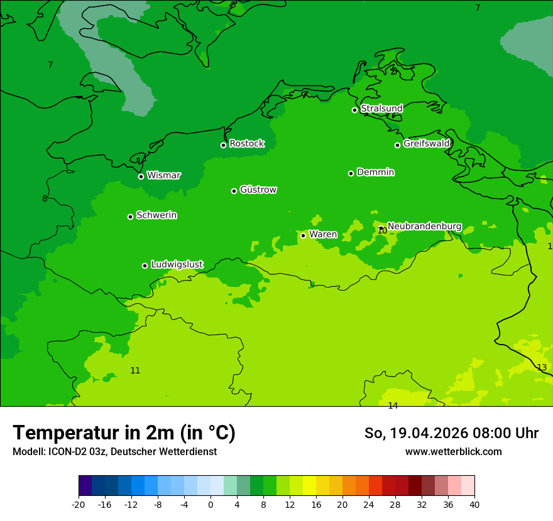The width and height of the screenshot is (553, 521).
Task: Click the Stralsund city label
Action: click(x=381, y=109)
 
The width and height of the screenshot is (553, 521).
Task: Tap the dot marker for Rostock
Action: click(x=223, y=145)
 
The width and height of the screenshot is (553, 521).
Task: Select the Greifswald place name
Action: click(x=426, y=144)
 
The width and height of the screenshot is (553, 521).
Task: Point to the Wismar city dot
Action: click(x=141, y=176)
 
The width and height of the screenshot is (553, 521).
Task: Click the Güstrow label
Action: click(x=258, y=190)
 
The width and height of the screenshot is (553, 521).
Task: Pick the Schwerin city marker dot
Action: click(x=130, y=217)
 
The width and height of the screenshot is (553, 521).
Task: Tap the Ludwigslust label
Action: click(x=177, y=264)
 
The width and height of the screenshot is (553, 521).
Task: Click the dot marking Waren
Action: click(x=303, y=235)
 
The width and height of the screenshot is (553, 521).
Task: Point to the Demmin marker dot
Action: click(x=351, y=173)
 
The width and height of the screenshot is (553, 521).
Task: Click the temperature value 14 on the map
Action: click(x=393, y=406)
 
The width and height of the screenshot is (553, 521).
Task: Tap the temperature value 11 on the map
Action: click(x=135, y=370)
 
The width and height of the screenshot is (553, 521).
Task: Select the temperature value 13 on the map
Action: click(x=542, y=367)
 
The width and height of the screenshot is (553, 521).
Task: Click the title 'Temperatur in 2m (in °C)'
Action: click(x=124, y=432)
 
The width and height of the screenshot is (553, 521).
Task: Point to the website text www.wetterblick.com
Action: click(x=453, y=451)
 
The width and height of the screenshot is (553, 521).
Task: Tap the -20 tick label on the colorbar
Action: click(x=79, y=505)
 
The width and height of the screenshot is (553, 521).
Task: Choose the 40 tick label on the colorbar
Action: click(x=474, y=505)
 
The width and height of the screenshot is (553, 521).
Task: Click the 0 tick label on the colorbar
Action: click(x=211, y=505)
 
